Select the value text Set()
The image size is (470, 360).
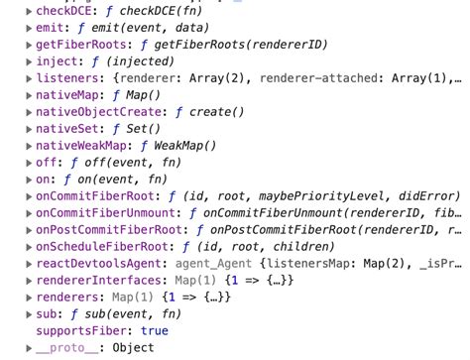click(x=139, y=133)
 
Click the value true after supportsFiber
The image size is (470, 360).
click(x=155, y=330)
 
